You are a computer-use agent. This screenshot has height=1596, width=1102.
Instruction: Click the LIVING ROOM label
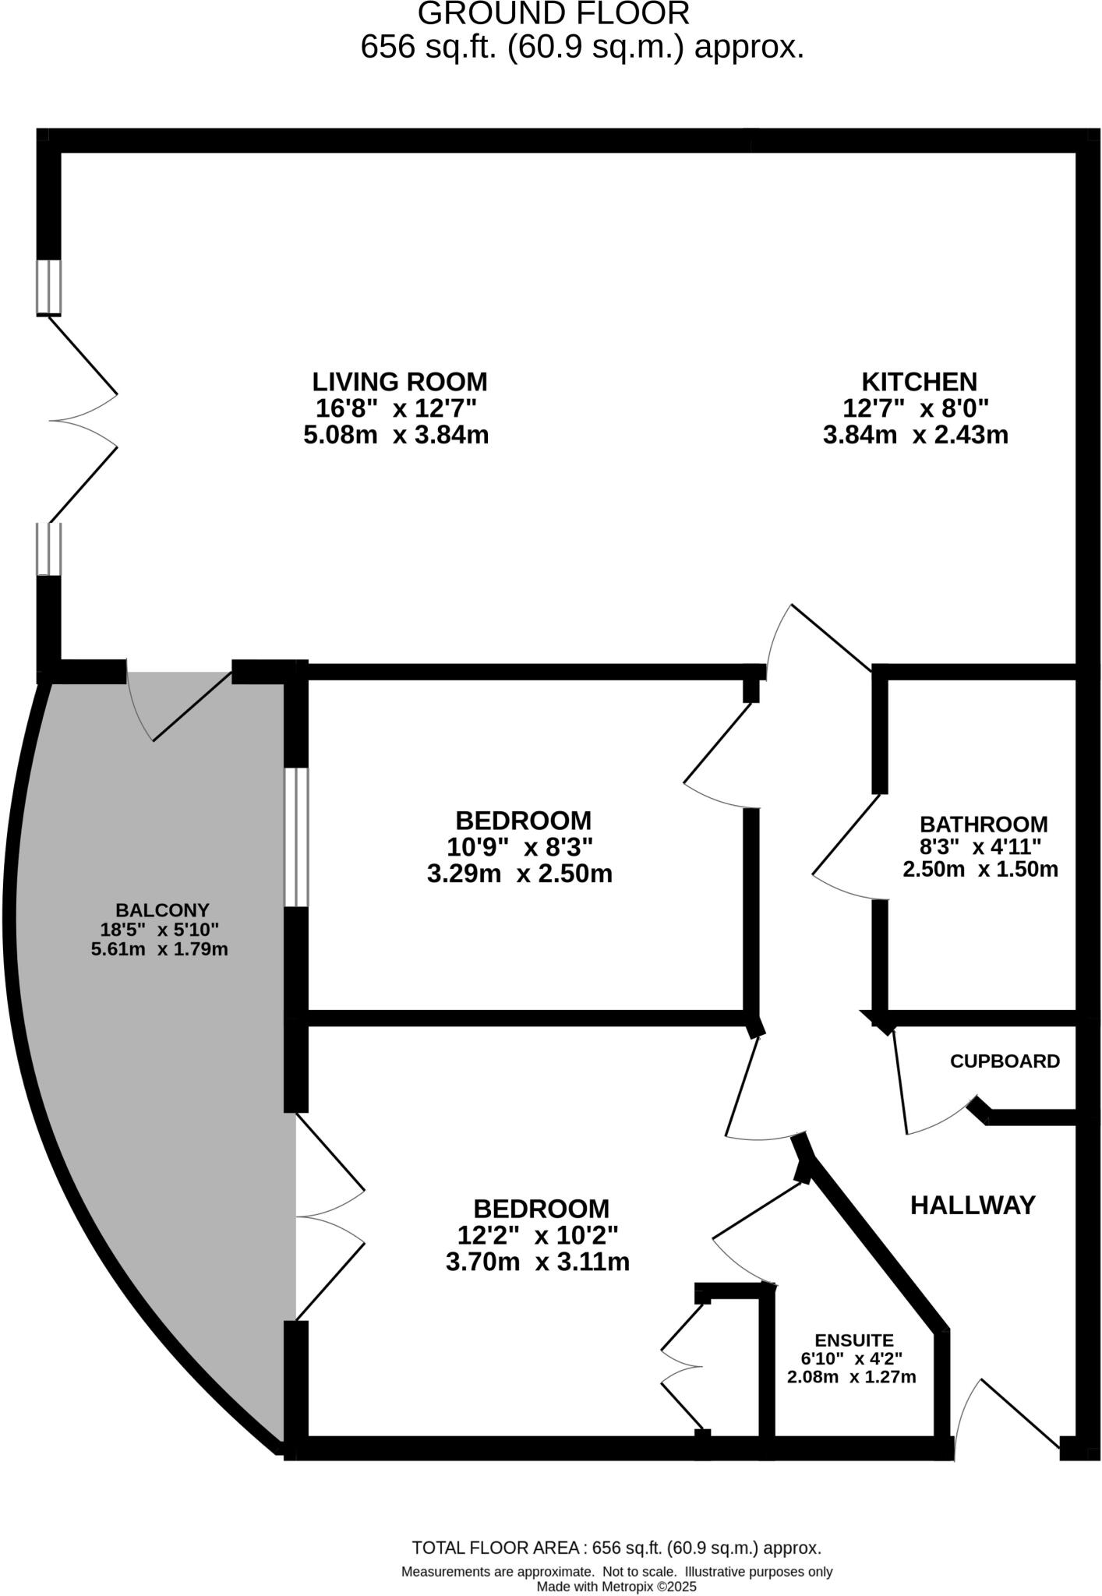coord(400,382)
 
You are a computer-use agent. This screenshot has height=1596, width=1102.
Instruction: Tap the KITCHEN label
coord(919,382)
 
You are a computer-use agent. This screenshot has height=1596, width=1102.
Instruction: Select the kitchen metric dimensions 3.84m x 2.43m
coord(915,435)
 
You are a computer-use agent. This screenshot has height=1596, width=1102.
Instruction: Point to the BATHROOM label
coord(984,824)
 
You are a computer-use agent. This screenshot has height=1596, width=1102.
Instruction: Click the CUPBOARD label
coord(1005,1061)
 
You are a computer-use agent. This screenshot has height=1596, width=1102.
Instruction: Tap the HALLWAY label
coord(973,1206)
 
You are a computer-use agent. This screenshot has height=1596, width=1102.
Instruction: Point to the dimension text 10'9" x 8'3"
coord(520,847)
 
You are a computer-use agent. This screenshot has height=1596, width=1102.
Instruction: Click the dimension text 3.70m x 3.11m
coord(537,1262)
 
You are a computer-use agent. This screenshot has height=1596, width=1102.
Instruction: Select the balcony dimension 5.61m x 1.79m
coord(159,949)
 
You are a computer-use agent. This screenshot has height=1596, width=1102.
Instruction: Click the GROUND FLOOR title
coord(553,14)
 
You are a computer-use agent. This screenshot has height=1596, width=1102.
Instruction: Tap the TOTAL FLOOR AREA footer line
coord(616,1548)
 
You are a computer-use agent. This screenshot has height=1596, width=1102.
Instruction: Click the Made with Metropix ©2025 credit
coord(616,1586)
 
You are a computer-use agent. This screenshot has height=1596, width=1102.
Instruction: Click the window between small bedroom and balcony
coord(296,838)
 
